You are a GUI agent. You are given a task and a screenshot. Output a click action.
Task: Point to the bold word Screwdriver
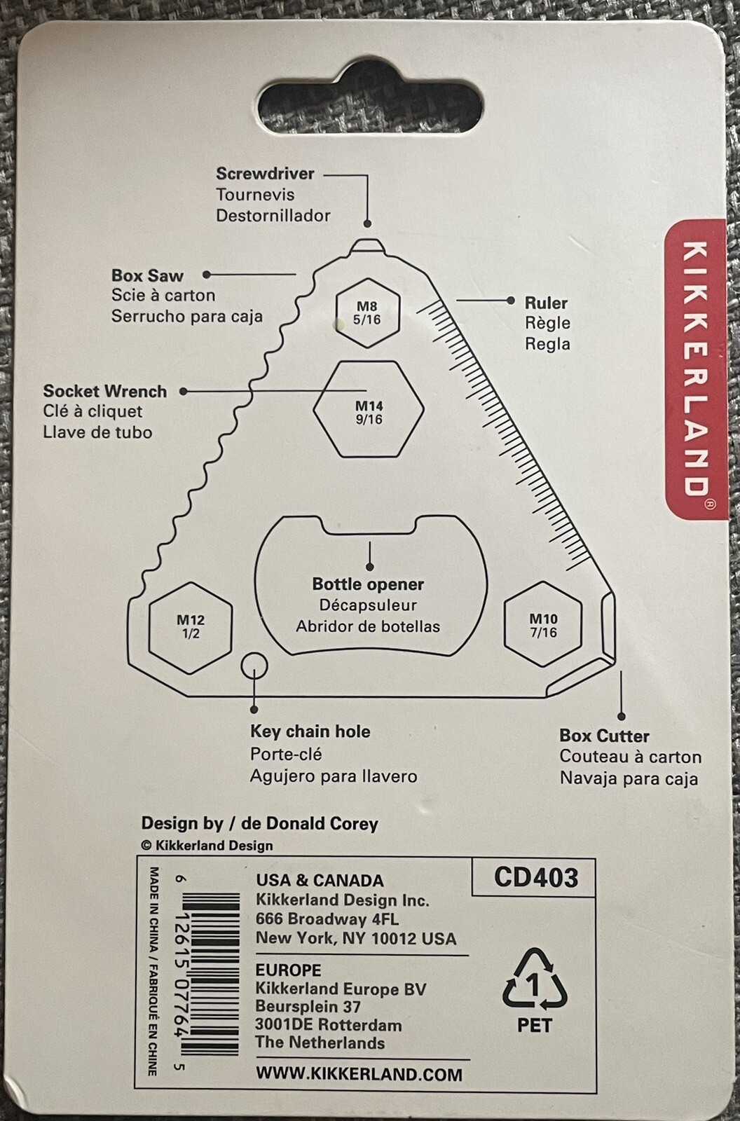(266, 174)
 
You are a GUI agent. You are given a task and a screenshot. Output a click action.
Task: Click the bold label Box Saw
(147, 275)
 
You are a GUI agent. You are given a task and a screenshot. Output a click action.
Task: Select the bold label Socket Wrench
(105, 391)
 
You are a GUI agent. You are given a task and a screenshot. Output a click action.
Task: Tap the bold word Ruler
(546, 303)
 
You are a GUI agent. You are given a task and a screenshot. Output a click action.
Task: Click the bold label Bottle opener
(368, 584)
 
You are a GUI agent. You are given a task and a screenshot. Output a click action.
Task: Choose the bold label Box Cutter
(604, 736)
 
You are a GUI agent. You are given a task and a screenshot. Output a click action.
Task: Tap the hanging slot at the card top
(371, 99)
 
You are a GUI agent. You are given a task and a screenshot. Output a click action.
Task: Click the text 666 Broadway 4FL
(327, 919)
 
